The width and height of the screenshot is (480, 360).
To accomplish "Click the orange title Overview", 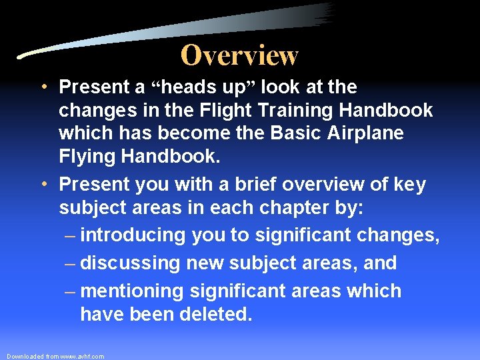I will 239,55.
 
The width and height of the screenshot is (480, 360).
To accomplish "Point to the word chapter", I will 297,207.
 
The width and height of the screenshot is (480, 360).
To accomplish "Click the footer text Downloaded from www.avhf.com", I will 55,357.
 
